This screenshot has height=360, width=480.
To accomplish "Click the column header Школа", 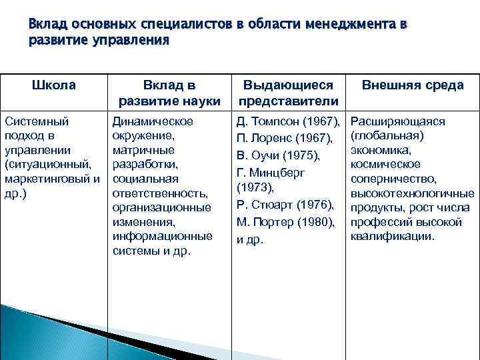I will coord(54,85).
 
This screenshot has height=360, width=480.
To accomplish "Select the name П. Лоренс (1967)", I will coord(285,139).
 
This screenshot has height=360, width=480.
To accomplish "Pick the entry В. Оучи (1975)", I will coord(279,156).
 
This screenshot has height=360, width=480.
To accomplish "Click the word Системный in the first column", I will coord(37,121).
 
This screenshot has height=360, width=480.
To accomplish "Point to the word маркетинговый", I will coord(48,179).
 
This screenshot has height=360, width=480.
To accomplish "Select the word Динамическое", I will coord(153,121).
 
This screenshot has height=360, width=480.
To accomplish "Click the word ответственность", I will coord(160,193).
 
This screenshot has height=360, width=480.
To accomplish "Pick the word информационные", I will coord(162,237).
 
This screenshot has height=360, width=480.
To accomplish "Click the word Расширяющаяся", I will coord(397,121).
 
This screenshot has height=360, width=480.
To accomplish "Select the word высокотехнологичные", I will coord(409,193).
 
